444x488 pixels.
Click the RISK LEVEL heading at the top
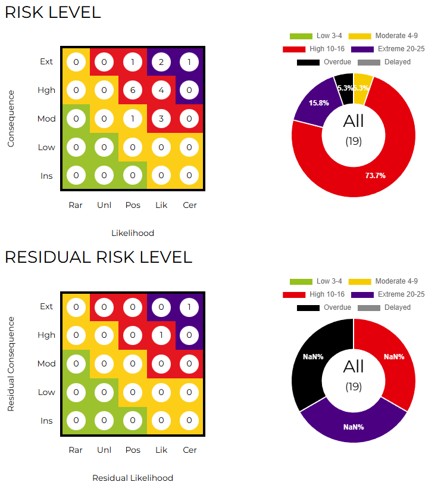tap(52, 13)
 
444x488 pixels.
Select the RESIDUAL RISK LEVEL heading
tap(98, 257)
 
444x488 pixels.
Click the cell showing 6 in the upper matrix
tap(133, 90)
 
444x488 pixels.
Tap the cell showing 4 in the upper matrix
tap(161, 90)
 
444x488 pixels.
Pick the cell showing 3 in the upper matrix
tap(161, 119)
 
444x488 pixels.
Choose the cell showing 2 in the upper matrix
tap(161, 61)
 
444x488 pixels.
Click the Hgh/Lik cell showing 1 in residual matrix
tap(161, 335)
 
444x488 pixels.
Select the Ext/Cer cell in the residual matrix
tap(190, 306)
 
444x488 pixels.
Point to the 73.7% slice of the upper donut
tap(381, 167)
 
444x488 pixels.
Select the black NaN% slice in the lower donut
tap(313, 358)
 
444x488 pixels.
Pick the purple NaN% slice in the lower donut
tap(354, 427)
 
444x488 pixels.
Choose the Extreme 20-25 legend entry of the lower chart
tap(387, 294)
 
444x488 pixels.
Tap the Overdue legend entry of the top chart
tap(324, 62)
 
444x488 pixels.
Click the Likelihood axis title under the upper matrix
tap(133, 233)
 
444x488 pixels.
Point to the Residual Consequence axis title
tap(11, 363)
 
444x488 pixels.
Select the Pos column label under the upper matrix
tap(133, 205)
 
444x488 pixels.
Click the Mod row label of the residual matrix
tap(46, 363)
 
